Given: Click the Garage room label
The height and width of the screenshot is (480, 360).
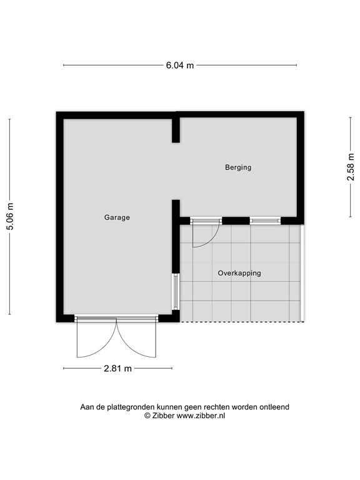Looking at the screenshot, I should click(117, 217).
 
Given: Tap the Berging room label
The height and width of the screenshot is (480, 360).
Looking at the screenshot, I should click(238, 167).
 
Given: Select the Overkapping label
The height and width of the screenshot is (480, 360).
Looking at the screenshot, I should click(239, 273).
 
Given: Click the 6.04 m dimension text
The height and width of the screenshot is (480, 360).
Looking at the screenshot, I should click(179, 65).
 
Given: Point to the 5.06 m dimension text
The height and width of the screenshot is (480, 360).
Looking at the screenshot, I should click(10, 217).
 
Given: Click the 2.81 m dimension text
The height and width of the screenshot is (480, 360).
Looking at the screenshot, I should click(118, 369).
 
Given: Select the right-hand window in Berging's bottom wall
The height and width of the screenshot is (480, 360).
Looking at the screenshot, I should click(265, 220).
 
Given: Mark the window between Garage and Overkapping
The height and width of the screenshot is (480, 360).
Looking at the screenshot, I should click(176, 291).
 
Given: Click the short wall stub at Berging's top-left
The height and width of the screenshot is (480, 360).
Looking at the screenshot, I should click(176, 129).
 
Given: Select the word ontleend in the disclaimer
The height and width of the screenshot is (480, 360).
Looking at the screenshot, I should click(273, 407).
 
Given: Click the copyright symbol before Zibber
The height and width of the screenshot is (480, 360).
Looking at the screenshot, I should click(147, 415).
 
